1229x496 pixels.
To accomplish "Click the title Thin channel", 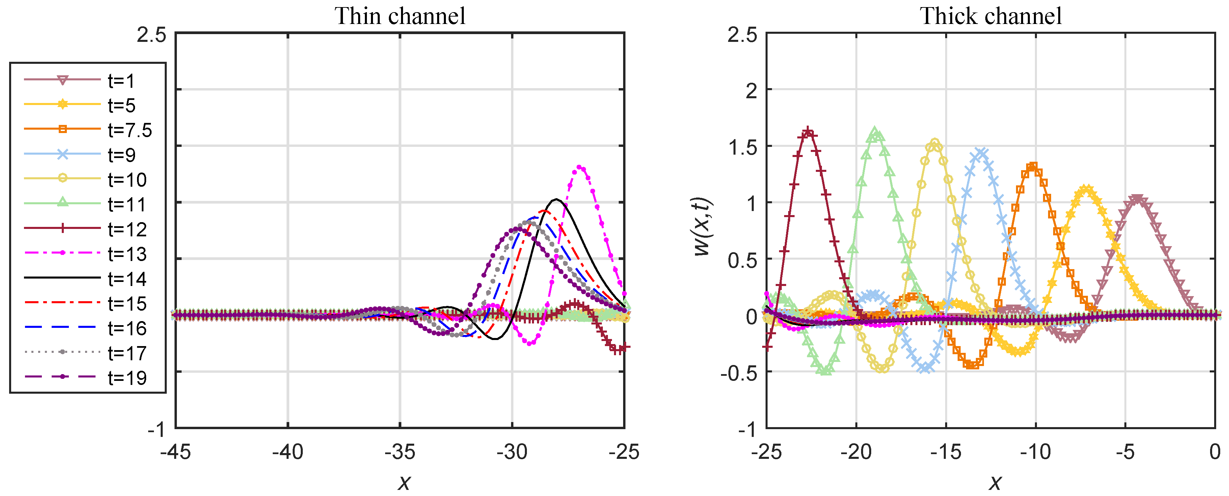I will (399, 16).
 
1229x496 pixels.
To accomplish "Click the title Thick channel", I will (990, 16).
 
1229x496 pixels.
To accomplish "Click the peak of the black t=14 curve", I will (556, 199).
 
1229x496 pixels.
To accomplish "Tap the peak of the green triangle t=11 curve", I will (875, 131).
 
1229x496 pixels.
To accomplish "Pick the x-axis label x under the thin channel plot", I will (404, 482).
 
